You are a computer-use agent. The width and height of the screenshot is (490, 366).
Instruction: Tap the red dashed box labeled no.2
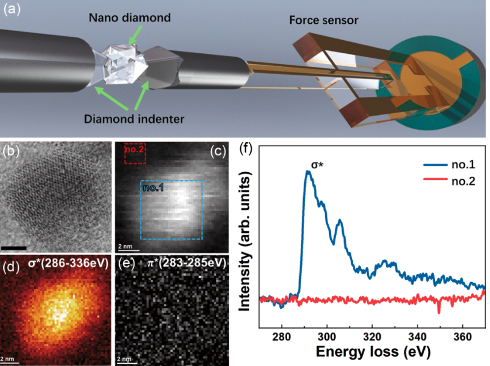click(x=135, y=153)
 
